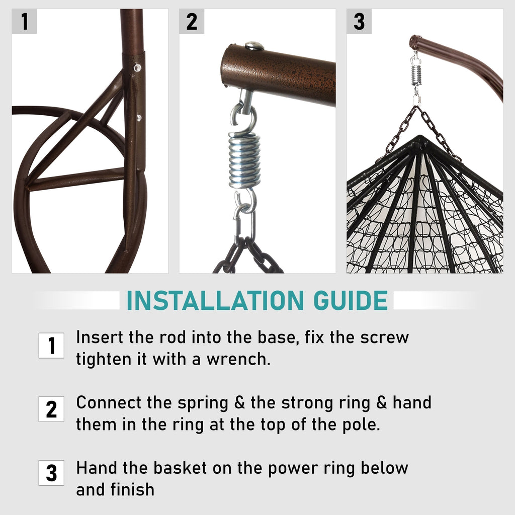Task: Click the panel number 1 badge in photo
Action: coord(24,21)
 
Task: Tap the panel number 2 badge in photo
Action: coord(192,21)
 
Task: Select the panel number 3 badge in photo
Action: coord(359,21)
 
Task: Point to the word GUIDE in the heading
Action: coord(351,300)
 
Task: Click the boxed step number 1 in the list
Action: coord(51,346)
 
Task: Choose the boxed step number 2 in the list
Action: coord(51,409)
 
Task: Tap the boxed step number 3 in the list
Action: coord(51,473)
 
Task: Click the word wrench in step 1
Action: coord(238,359)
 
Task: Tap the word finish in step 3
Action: coord(132,489)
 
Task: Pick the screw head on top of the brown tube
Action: coord(254,46)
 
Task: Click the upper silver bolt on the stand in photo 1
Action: coord(137,68)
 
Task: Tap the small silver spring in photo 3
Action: coord(416,74)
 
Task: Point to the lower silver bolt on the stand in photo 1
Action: coord(139,117)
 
